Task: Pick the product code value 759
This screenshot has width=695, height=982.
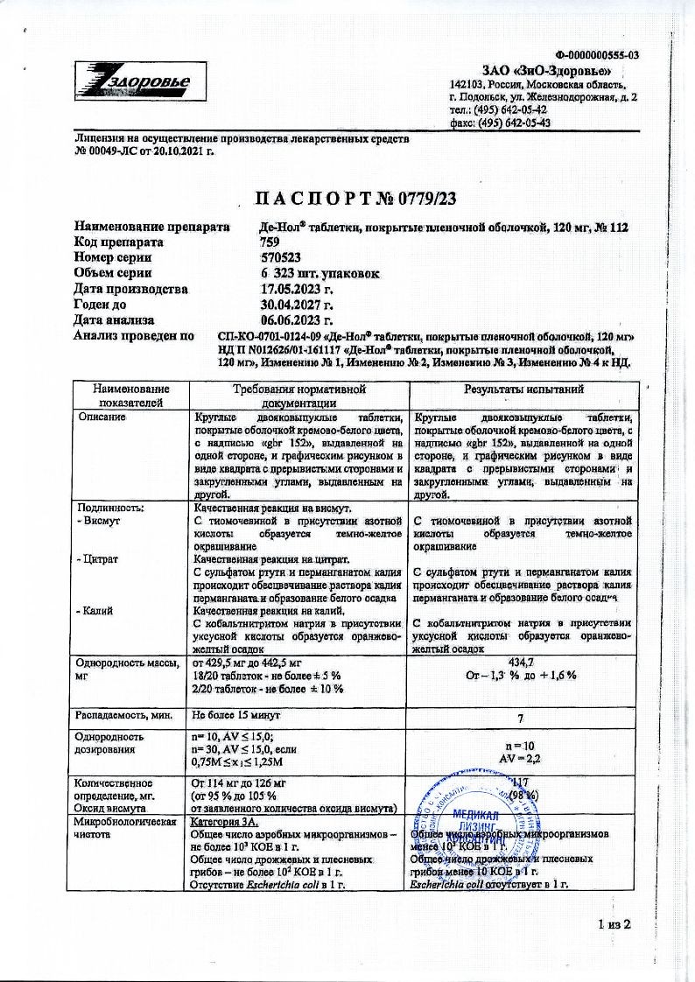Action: tap(270, 242)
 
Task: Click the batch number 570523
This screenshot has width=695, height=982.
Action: tap(281, 257)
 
